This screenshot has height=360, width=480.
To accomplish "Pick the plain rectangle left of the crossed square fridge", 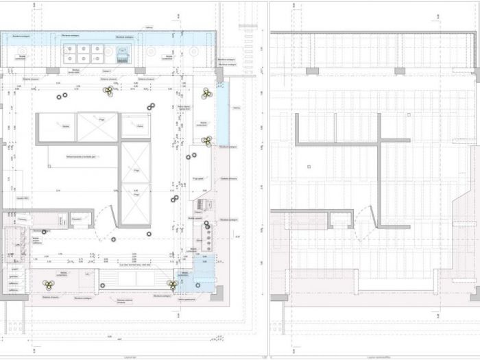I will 56,128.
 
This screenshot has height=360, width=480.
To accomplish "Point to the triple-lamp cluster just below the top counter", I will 107,91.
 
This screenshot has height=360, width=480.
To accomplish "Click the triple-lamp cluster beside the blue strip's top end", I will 205,93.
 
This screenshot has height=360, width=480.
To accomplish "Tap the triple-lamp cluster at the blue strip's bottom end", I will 206,141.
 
